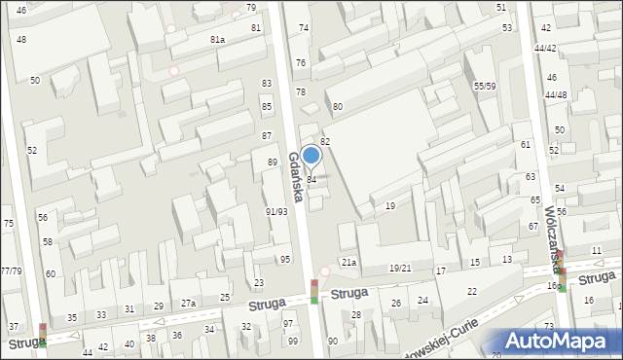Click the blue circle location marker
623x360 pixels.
tap(311, 155)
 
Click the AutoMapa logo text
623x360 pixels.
tap(560, 341)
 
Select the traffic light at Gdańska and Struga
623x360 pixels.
tap(314, 291)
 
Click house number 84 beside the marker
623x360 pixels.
tap(311, 180)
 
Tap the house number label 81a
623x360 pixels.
tap(217, 39)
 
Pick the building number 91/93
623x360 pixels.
tap(276, 211)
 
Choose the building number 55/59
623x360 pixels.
tap(485, 87)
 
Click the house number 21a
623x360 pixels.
tap(348, 263)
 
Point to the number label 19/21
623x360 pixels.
tap(400, 268)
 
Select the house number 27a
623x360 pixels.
tap(189, 304)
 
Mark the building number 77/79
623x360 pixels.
tap(11, 270)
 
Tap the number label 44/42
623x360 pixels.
tap(545, 48)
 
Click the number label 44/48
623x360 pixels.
tap(556, 94)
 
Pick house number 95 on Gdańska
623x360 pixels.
tap(285, 259)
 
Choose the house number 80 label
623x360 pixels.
tap(338, 106)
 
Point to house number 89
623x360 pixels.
tap(273, 162)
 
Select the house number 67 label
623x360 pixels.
tap(533, 226)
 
